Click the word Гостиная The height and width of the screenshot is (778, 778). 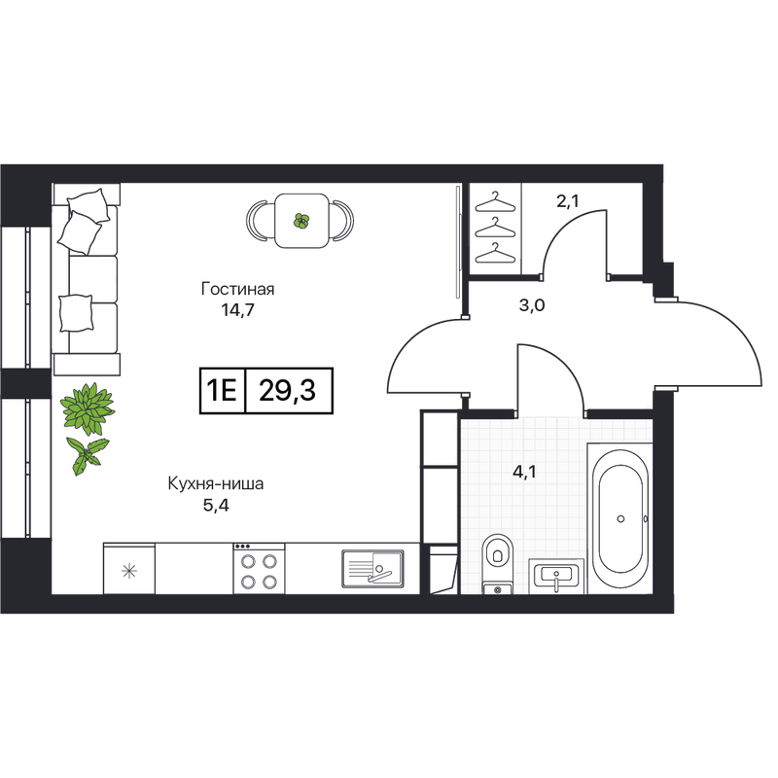(x=237, y=289)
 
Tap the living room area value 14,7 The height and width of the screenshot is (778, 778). (x=237, y=310)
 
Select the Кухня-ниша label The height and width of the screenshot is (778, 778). (x=216, y=483)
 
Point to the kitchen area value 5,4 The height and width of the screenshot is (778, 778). (x=216, y=505)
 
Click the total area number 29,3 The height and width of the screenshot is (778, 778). (x=287, y=391)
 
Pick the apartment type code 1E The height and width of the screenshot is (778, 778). (x=222, y=391)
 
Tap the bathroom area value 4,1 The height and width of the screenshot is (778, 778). (x=524, y=472)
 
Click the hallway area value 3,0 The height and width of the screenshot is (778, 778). (x=532, y=305)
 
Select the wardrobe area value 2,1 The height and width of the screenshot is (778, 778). (x=568, y=201)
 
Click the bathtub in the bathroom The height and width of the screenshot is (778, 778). (x=620, y=518)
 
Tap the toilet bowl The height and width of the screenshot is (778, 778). (x=497, y=564)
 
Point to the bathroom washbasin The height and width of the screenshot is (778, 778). (x=556, y=576)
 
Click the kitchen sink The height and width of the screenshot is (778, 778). (x=372, y=569)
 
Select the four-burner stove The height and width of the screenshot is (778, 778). (x=259, y=568)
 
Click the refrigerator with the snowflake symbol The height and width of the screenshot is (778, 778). (x=129, y=568)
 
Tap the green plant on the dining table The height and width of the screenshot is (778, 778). (x=301, y=221)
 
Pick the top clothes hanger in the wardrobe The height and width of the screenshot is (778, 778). (x=495, y=202)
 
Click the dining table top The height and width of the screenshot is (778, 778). (x=301, y=221)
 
